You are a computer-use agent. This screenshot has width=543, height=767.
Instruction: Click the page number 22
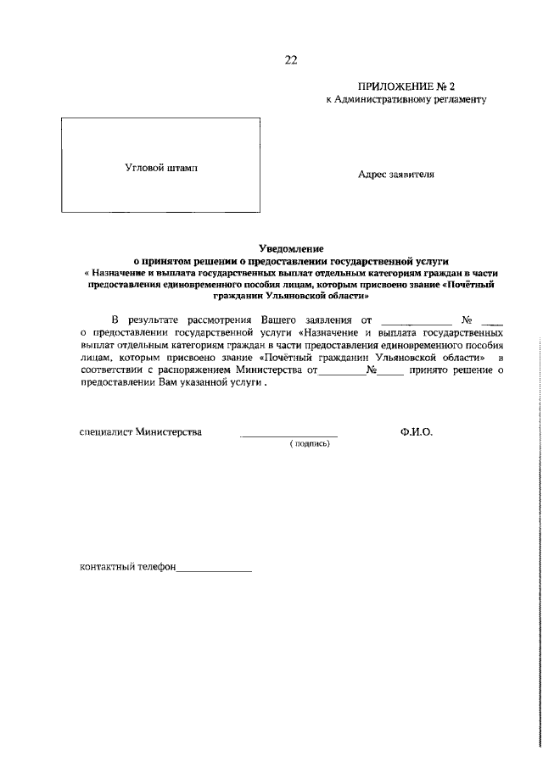click(291, 59)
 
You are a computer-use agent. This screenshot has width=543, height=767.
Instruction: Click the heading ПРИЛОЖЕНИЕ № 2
click(408, 86)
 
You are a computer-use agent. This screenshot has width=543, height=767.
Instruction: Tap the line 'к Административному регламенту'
click(406, 100)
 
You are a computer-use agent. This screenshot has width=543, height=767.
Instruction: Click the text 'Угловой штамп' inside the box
click(161, 168)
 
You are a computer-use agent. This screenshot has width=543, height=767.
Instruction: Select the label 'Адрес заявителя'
click(396, 175)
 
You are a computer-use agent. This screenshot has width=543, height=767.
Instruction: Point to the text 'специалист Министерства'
click(140, 432)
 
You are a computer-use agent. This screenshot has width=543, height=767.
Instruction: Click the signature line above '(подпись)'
click(288, 434)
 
